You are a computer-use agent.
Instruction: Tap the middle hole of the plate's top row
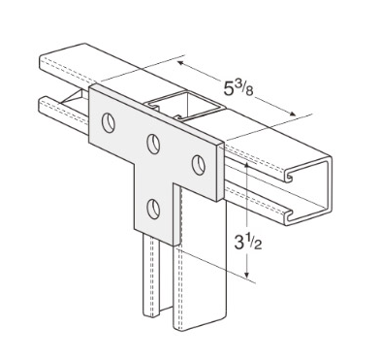153,144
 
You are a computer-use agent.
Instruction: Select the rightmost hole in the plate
197,162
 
